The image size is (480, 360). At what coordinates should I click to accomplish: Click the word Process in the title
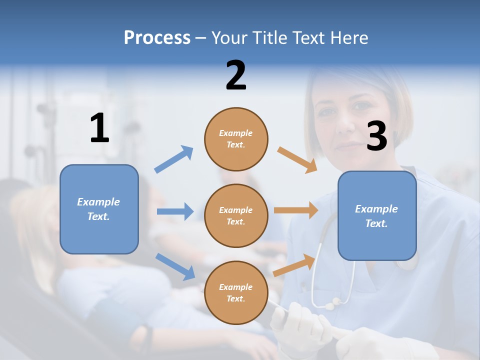(x=157, y=38)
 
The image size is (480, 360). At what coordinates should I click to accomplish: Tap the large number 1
(x=99, y=128)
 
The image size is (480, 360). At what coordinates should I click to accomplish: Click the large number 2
(x=236, y=75)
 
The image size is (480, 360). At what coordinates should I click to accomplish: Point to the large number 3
(x=376, y=136)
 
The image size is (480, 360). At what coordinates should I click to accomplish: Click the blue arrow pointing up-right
(x=174, y=159)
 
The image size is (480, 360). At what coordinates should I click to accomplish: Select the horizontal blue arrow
(x=175, y=211)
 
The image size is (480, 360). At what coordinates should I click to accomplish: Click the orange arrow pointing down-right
(x=297, y=160)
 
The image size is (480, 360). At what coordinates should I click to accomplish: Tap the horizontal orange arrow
(x=296, y=210)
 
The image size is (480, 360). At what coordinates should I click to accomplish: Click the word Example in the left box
(x=98, y=202)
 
